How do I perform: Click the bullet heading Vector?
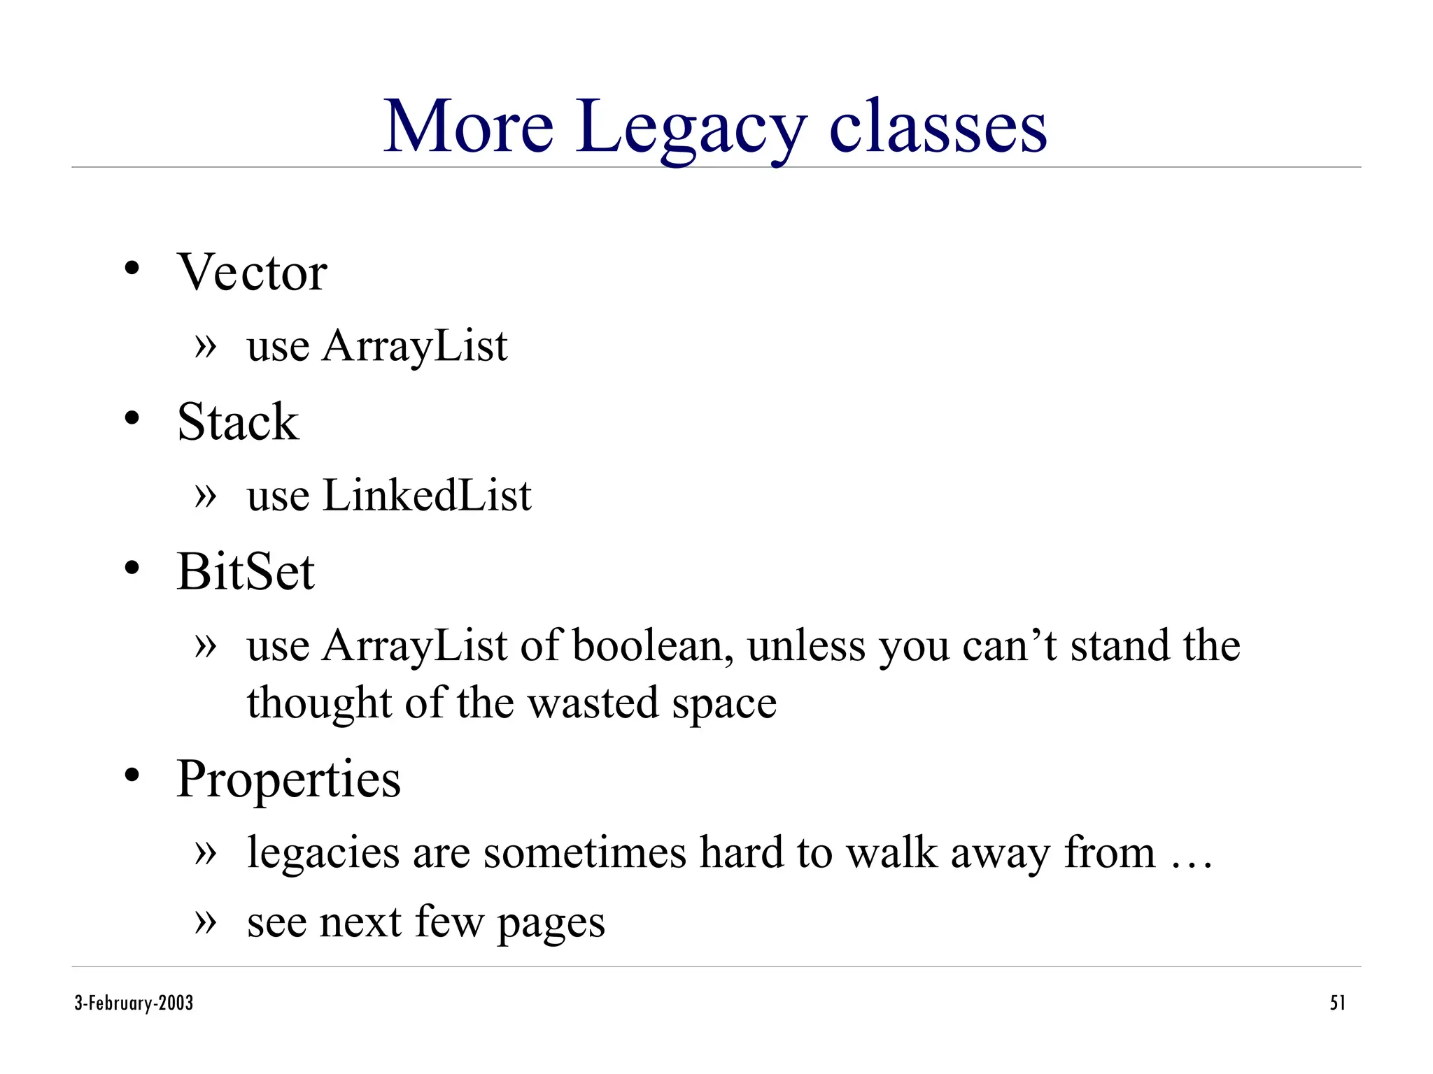tap(252, 272)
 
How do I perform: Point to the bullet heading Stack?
tap(238, 422)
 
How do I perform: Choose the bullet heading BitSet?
tap(246, 572)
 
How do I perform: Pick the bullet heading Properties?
tap(288, 779)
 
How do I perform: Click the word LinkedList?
tap(427, 496)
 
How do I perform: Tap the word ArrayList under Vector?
tap(414, 346)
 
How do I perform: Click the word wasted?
tap(593, 703)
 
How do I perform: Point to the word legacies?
tap(323, 853)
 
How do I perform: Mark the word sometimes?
tap(584, 853)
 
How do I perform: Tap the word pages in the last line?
tap(551, 923)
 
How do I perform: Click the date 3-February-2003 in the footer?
tap(134, 1003)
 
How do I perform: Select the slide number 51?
tap(1337, 1003)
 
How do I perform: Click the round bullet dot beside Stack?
tap(132, 419)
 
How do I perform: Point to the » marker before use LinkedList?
tap(206, 496)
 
